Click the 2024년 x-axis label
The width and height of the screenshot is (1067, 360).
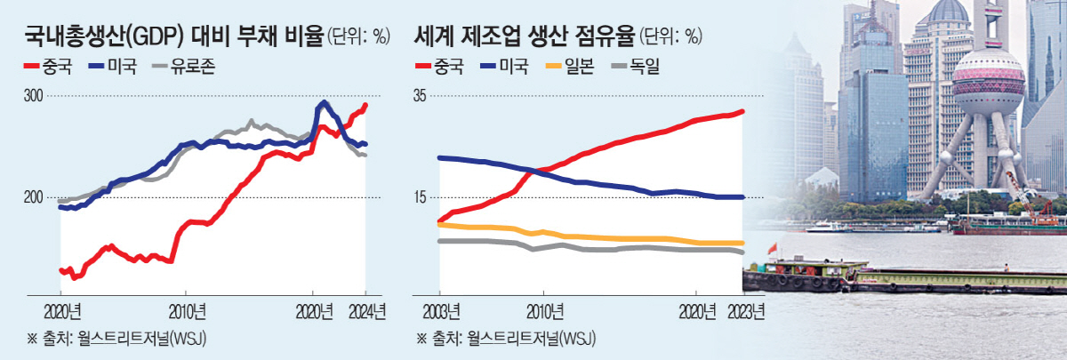366,312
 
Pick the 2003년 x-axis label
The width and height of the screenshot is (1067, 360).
439,312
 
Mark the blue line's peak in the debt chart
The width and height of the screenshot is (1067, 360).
324,103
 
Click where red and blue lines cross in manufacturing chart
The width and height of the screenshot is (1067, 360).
527,171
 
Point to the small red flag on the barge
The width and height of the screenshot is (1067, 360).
771,246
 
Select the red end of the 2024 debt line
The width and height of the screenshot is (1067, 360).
365,105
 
